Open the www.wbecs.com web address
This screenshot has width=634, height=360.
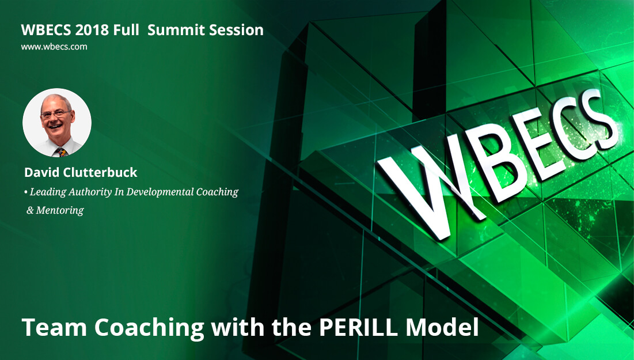click(54, 47)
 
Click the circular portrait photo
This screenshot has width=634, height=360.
click(57, 123)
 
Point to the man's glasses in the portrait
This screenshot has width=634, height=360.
click(55, 114)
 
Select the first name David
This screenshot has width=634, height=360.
click(41, 172)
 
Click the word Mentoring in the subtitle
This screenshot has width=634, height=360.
click(60, 210)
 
